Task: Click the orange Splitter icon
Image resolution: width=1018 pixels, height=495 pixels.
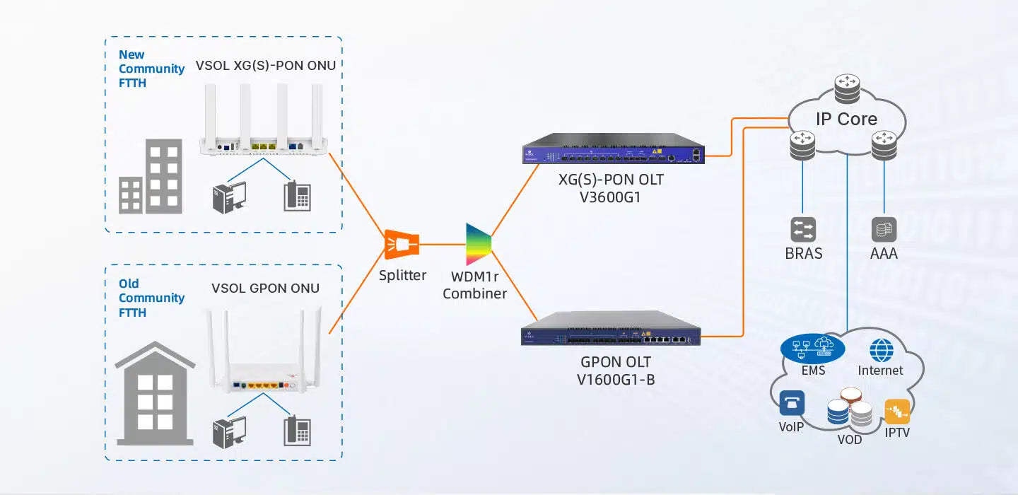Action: click(x=401, y=245)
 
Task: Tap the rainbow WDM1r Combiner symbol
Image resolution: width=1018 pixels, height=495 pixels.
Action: click(x=478, y=245)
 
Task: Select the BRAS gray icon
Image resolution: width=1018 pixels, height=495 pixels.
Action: click(x=803, y=229)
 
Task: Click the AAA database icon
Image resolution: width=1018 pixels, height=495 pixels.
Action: click(x=884, y=229)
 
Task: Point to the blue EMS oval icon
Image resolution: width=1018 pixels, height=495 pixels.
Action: click(x=813, y=346)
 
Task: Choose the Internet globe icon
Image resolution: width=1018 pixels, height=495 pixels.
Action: click(x=882, y=350)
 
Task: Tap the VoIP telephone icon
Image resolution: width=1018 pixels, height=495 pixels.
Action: click(x=792, y=403)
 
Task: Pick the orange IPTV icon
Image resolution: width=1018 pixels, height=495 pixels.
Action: click(x=897, y=411)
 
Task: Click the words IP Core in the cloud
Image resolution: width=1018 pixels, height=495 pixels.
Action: click(x=846, y=119)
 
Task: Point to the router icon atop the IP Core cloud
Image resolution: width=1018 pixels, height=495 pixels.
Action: click(x=846, y=90)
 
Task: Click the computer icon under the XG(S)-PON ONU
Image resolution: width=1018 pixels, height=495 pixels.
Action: click(x=230, y=196)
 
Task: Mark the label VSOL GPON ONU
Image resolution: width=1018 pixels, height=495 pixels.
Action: click(x=265, y=288)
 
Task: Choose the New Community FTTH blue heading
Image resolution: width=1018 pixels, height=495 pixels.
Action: click(x=151, y=69)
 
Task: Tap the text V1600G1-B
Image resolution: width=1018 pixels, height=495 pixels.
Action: click(x=616, y=380)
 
